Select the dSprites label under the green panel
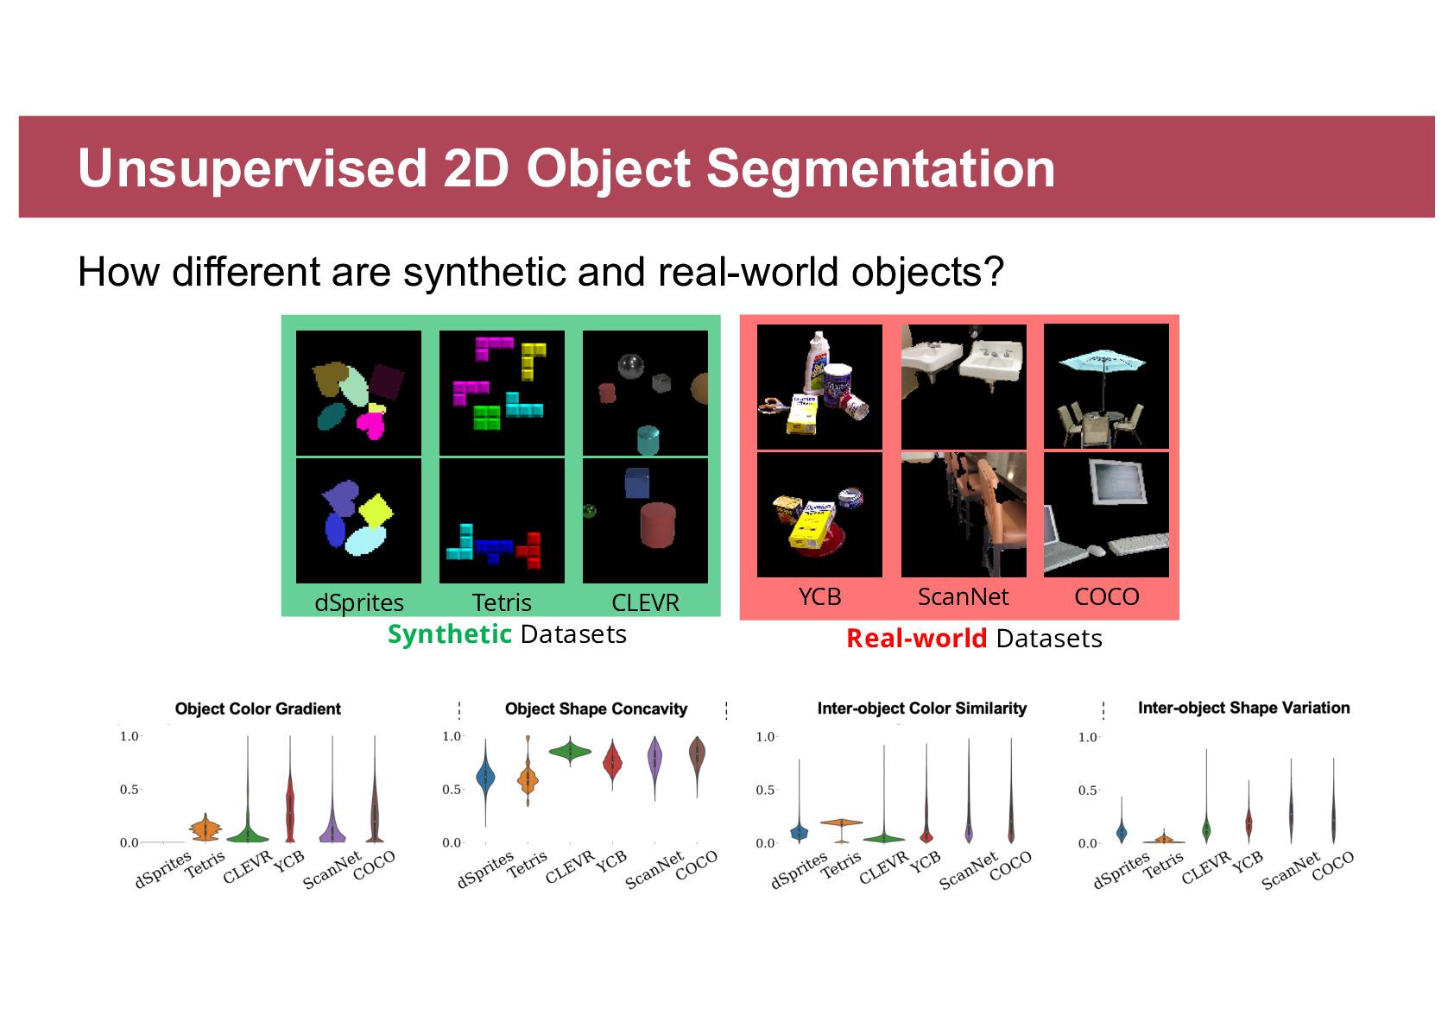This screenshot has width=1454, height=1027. click(359, 602)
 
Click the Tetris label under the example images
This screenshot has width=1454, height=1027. click(502, 602)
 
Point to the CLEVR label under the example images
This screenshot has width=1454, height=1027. click(645, 602)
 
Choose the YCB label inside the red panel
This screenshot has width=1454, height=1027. click(820, 597)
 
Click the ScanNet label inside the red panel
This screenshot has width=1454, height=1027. click(964, 597)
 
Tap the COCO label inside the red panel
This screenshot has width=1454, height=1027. click(1107, 597)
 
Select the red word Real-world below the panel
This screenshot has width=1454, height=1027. click(917, 639)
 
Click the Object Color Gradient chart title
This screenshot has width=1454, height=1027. click(257, 709)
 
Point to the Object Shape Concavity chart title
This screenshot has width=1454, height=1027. click(596, 709)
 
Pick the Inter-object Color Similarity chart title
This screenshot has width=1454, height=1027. click(922, 708)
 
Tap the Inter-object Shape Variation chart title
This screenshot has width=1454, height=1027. click(1243, 707)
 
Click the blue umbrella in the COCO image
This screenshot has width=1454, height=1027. click(1102, 362)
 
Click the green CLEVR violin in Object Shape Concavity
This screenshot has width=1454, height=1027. click(570, 752)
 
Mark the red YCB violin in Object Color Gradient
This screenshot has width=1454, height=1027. click(289, 804)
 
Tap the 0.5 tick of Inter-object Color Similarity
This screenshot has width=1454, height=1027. click(765, 790)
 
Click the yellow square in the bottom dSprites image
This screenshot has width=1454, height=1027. click(376, 511)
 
